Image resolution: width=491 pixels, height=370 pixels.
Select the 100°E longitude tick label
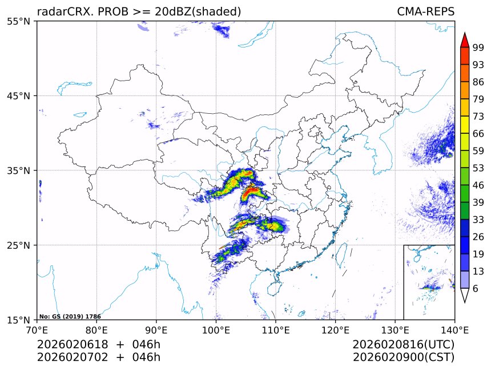[216, 330]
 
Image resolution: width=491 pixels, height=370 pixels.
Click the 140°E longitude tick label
[455, 330]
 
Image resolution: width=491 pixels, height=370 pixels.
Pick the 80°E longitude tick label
[96, 330]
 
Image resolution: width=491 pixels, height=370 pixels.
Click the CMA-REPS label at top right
[426, 11]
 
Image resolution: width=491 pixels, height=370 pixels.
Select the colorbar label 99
[478, 47]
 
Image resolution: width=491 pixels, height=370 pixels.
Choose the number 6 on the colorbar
[475, 289]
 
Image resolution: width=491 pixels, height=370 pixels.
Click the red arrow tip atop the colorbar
[465, 39]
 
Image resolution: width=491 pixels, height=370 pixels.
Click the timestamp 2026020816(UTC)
[403, 344]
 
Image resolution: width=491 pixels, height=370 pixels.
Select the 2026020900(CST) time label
[403, 357]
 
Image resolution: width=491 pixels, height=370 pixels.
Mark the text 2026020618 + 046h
[99, 344]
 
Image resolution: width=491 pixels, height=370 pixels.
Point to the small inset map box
[429, 282]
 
